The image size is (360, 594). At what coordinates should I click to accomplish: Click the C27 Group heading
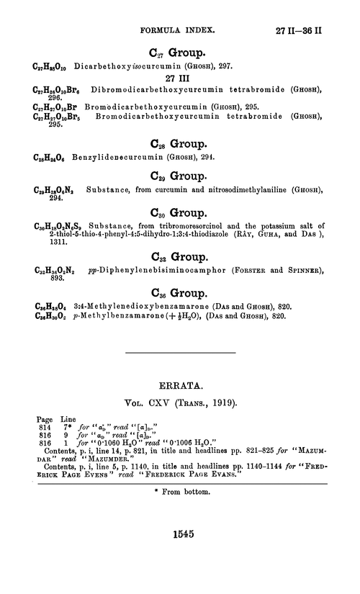click(181, 52)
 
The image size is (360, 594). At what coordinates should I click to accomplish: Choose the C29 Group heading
click(181, 175)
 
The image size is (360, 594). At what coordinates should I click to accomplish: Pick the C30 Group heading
click(181, 212)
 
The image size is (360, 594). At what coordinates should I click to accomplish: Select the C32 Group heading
click(181, 257)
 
